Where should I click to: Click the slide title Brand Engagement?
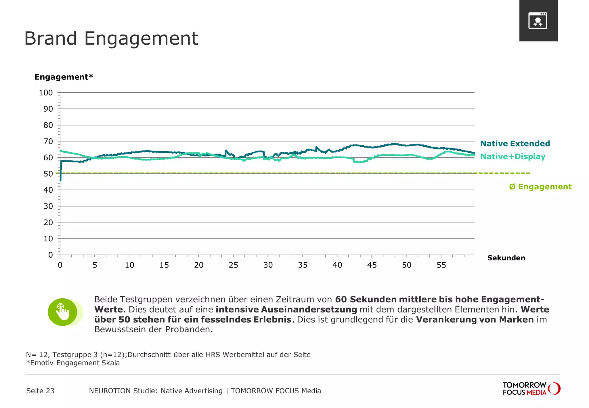pos(111,39)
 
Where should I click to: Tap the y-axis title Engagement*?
pos(64,77)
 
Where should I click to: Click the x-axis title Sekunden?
pos(506,258)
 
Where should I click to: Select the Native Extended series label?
pos(515,144)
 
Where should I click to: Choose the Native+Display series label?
pos(512,157)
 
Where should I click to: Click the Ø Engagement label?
pos(540,187)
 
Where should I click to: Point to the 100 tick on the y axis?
pos(46,93)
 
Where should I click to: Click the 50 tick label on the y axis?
pos(48,174)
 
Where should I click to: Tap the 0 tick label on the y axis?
pos(51,255)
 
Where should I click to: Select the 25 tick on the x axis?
pos(233,265)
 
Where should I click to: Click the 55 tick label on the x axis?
pos(441,265)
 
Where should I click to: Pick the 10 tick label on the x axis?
pos(129,265)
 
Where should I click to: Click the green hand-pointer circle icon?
pos(63,312)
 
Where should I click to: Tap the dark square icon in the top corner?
pos(538,21)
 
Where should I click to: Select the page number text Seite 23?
pos(40,391)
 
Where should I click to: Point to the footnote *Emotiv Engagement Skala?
pos(73,363)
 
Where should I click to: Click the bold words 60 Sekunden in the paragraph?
pos(366,300)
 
